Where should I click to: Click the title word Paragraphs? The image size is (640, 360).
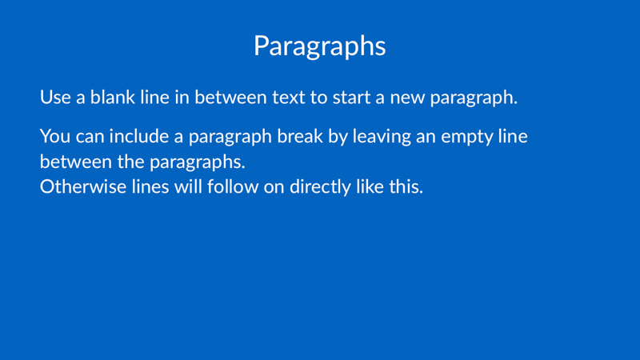tap(319, 46)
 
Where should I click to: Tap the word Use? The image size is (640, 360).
tap(55, 98)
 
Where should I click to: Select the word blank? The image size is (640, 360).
tap(113, 97)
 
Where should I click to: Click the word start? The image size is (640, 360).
tap(352, 98)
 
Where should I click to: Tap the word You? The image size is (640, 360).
tap(55, 136)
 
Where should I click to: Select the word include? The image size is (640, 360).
tap(138, 136)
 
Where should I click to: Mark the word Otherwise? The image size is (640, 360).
tap(83, 187)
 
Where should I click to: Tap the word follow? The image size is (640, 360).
tap(233, 186)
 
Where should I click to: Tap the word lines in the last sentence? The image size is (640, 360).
tap(150, 186)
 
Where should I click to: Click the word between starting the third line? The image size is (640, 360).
tap(76, 162)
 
